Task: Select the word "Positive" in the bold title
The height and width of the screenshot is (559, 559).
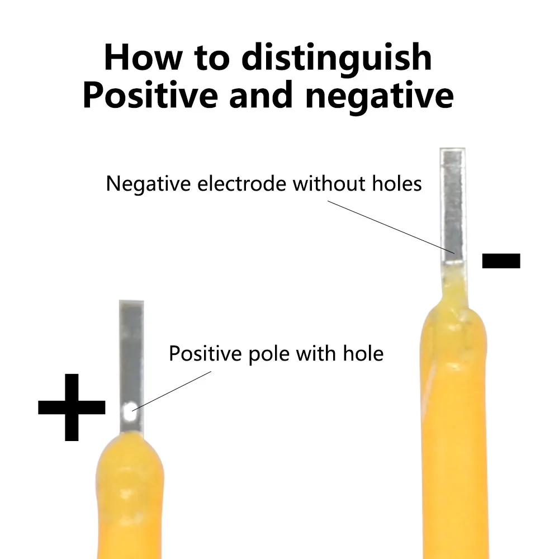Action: (150, 95)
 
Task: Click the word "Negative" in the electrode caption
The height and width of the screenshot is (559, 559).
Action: (148, 184)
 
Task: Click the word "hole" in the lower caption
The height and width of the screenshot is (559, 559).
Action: (363, 353)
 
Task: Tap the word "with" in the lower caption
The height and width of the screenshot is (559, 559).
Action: (316, 353)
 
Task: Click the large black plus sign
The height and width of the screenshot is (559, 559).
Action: (72, 407)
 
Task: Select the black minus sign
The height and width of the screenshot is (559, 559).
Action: (501, 260)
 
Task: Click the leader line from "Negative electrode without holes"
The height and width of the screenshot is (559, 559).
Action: (391, 227)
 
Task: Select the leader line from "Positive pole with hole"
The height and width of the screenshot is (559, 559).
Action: (172, 391)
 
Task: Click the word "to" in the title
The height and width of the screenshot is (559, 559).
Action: (212, 59)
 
